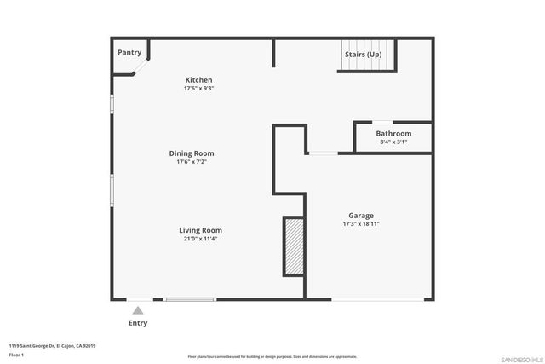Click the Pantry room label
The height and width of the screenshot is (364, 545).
(129, 53)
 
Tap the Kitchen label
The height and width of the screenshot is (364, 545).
(198, 80)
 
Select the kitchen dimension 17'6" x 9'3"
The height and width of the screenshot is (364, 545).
(198, 89)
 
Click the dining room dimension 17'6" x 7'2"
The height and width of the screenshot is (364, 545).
(192, 162)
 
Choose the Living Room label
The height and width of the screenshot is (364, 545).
(200, 230)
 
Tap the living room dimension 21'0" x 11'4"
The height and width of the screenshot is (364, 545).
(200, 239)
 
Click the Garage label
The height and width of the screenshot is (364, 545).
(361, 216)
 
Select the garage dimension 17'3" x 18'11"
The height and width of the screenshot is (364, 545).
(361, 224)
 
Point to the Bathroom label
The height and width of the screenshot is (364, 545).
(393, 134)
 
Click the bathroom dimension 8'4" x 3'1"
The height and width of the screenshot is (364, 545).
(393, 142)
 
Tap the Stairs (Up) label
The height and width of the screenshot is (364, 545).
(363, 54)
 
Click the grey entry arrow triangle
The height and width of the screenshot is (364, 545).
(138, 310)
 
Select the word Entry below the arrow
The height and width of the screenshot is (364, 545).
(138, 323)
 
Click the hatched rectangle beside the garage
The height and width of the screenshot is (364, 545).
(293, 246)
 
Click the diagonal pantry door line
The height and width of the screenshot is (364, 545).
(143, 66)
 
